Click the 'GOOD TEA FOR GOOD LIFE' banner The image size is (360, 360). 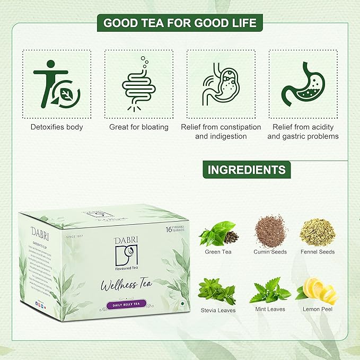[x=180, y=23]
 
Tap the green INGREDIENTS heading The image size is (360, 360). [x=246, y=170]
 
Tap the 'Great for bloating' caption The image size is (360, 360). [x=138, y=127]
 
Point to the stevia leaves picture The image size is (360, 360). [x=218, y=289]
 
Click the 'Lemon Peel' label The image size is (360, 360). [x=317, y=309]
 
